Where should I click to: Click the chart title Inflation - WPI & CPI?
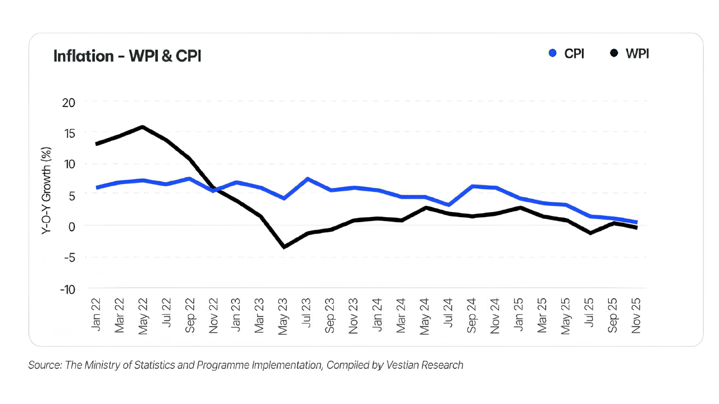pos(127,56)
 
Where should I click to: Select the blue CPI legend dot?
pos(553,53)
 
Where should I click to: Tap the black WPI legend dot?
pos(614,53)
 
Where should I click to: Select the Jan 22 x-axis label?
pos(97,317)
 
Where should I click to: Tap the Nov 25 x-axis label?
pos(636,317)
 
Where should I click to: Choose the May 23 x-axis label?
pos(284,317)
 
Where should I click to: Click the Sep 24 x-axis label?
pos(472,317)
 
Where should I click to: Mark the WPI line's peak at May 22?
pos(143,127)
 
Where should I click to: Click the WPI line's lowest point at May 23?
pos(284,247)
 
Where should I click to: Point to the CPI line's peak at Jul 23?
pos(308,179)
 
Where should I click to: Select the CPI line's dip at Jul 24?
pos(448,205)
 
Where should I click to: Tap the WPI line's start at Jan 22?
pos(97,144)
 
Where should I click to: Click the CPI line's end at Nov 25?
pos(636,222)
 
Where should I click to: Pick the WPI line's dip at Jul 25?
pos(590,233)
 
